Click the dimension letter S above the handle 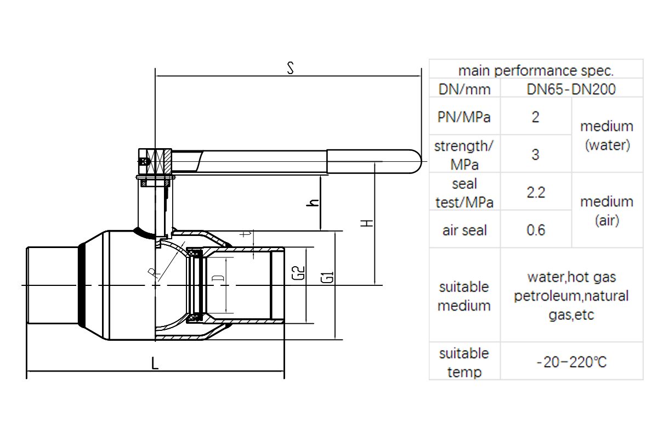coord(291,69)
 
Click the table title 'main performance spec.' coord(535,70)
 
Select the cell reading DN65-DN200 coord(571,89)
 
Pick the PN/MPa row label coord(464,117)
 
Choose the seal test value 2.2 coord(535,193)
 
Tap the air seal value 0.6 coord(535,230)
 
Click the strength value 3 coord(535,155)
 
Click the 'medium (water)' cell coord(606,136)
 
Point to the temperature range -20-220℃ coord(571,362)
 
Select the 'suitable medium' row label coord(464,296)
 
